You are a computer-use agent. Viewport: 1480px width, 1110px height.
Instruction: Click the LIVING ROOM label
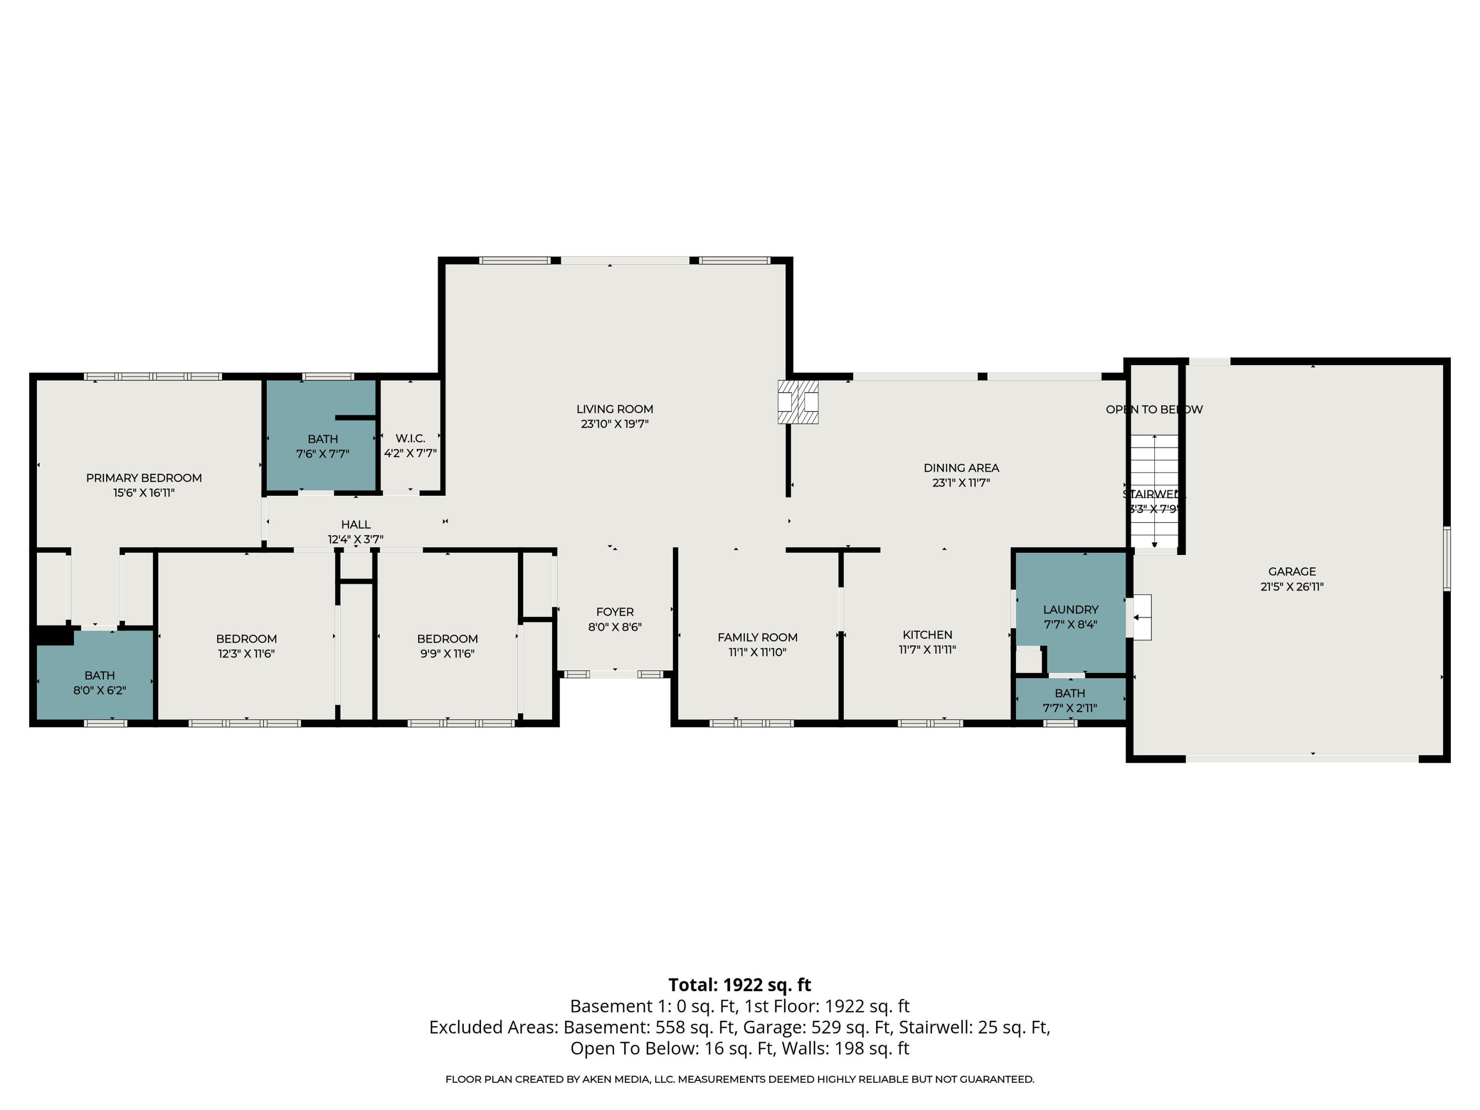pyautogui.click(x=614, y=409)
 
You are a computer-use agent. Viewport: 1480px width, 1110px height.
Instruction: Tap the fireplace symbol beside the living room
pyautogui.click(x=798, y=402)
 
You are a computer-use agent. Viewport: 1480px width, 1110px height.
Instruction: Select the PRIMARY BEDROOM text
pyautogui.click(x=144, y=478)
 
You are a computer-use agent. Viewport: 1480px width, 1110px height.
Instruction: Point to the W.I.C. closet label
pyautogui.click(x=410, y=438)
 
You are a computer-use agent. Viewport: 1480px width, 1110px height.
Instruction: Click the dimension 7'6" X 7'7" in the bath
pyautogui.click(x=323, y=454)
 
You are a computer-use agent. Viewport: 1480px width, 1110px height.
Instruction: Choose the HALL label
pyautogui.click(x=355, y=524)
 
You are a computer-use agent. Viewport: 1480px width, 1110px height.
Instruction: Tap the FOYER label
pyautogui.click(x=614, y=612)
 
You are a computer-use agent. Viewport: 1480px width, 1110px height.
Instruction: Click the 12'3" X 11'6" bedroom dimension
pyautogui.click(x=246, y=654)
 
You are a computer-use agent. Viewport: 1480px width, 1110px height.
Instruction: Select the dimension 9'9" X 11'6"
pyautogui.click(x=447, y=654)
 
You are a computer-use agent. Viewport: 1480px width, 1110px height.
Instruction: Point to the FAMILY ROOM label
pyautogui.click(x=757, y=637)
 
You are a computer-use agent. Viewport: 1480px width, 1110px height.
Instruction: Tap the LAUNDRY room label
pyautogui.click(x=1070, y=610)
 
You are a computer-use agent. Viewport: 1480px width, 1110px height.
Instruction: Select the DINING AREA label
pyautogui.click(x=961, y=468)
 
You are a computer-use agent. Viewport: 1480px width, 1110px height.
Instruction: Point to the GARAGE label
pyautogui.click(x=1292, y=571)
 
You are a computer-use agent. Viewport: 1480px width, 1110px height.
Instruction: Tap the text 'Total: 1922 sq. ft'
pyautogui.click(x=740, y=985)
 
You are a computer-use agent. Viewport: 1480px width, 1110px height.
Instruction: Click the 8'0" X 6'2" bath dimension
pyautogui.click(x=100, y=690)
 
